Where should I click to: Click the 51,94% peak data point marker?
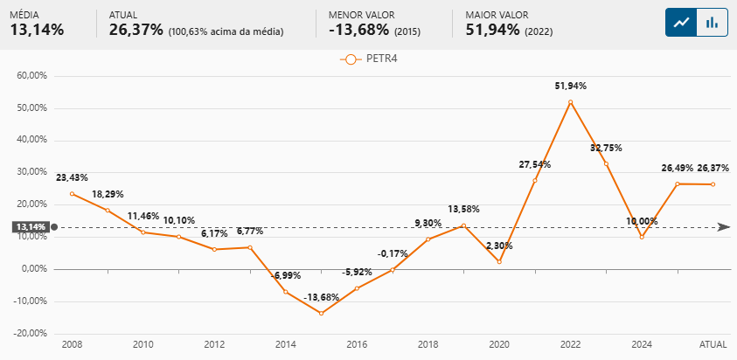pyautogui.click(x=570, y=102)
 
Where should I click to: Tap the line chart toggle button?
pyautogui.click(x=681, y=22)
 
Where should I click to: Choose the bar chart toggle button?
pyautogui.click(x=713, y=22)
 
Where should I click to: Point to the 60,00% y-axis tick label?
pyautogui.click(x=31, y=76)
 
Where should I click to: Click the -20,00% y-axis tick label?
pyautogui.click(x=30, y=333)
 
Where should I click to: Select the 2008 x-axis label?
pyautogui.click(x=72, y=345)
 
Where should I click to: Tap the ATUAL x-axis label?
pyautogui.click(x=713, y=345)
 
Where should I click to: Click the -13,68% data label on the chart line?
pyautogui.click(x=321, y=298)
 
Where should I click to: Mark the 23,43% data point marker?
pyautogui.click(x=72, y=194)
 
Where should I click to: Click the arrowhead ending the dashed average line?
pyautogui.click(x=724, y=227)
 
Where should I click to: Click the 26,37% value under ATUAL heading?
pyautogui.click(x=136, y=30)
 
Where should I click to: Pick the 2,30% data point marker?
pyautogui.click(x=499, y=261)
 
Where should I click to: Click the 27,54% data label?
pyautogui.click(x=534, y=164)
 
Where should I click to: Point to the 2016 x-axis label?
pyautogui.click(x=357, y=345)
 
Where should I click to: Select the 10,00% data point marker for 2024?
pyautogui.click(x=642, y=237)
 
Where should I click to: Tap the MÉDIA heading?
pyautogui.click(x=26, y=15)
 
